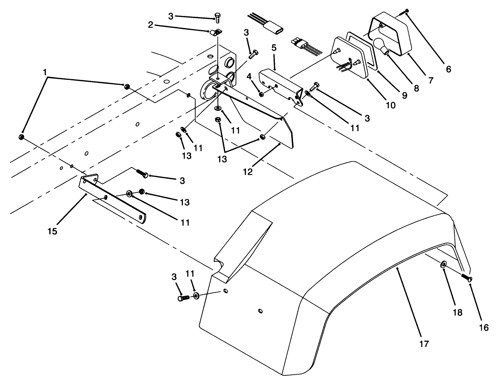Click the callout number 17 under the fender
click(x=424, y=343)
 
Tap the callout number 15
click(x=52, y=231)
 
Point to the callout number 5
click(x=274, y=48)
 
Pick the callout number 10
click(x=390, y=105)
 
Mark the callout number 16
click(x=484, y=327)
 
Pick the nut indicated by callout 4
click(x=261, y=94)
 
